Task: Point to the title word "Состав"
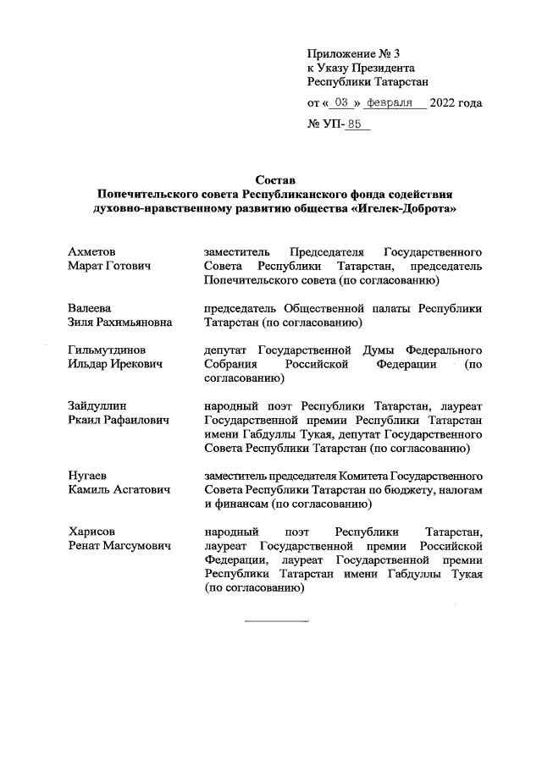(276, 179)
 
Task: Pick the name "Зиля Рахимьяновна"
(119, 322)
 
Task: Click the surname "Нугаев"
(87, 475)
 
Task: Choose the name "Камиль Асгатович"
(119, 489)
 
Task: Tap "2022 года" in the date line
(456, 103)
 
